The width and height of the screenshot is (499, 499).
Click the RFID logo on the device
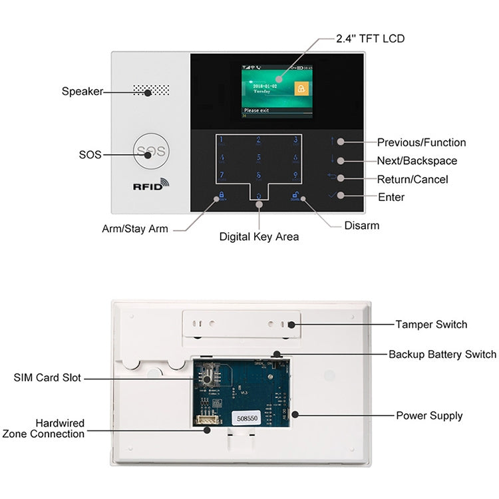point(152,186)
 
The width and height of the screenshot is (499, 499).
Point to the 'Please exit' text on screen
point(256,110)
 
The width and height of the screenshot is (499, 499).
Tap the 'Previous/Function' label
point(421,142)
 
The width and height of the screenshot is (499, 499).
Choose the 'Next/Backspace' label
point(416,161)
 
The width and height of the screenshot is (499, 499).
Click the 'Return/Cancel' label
point(413,179)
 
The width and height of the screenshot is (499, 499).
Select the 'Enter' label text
point(391,197)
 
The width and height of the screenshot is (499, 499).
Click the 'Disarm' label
point(361,226)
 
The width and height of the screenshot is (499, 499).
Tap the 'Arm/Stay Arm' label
point(135,229)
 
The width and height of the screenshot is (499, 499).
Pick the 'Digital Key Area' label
point(259,236)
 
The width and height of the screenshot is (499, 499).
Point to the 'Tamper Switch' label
point(431,325)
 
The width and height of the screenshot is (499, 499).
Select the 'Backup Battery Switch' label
point(442,355)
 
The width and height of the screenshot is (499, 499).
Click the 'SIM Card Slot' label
point(47,378)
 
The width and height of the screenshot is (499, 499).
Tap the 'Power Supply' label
point(429,416)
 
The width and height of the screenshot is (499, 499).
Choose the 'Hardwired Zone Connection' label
point(44,428)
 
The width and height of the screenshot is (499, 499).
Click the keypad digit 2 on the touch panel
point(259,140)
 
